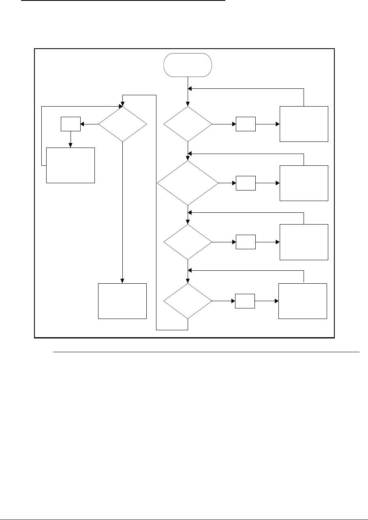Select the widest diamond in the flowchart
tap(188, 183)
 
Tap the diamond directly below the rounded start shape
tap(188, 124)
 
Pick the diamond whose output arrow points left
tap(122, 124)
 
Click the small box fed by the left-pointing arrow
tap(71, 124)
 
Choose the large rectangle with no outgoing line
tap(122, 301)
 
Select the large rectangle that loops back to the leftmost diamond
tap(71, 165)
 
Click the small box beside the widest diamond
tap(246, 183)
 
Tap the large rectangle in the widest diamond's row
tap(304, 183)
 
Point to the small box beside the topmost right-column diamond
tap(246, 124)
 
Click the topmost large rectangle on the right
tap(304, 124)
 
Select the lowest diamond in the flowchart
tap(188, 301)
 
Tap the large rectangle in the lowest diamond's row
tap(302, 301)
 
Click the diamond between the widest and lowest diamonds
tap(188, 242)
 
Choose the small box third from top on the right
tap(246, 242)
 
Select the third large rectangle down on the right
tap(304, 242)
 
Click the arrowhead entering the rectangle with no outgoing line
tap(122, 281)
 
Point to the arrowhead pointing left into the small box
tap(82, 124)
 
